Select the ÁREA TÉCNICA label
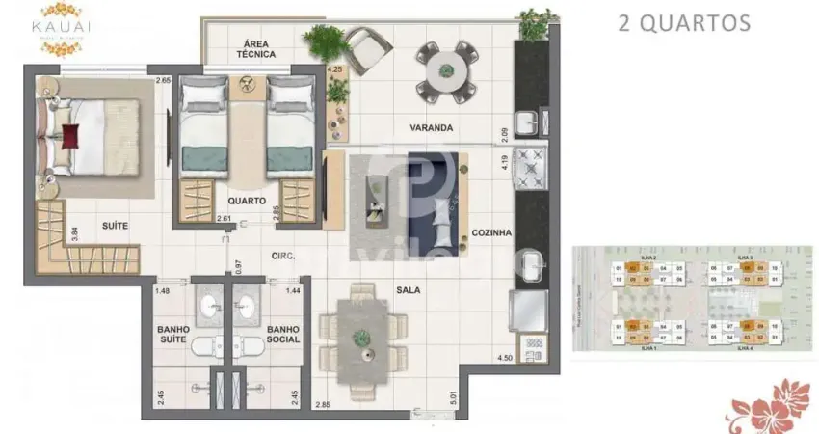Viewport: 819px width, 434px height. (x=254, y=48)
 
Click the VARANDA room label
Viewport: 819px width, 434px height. (x=430, y=127)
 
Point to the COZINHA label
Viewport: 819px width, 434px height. (x=490, y=232)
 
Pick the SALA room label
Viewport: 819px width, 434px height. (x=409, y=288)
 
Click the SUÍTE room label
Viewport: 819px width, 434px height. (x=116, y=226)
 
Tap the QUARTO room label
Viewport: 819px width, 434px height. (x=248, y=201)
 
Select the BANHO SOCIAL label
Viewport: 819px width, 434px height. (x=284, y=334)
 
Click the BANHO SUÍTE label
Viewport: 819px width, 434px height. (x=173, y=334)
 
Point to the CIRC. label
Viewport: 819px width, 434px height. (x=282, y=256)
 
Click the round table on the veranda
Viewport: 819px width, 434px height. (x=446, y=68)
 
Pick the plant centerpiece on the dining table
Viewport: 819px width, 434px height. (x=361, y=338)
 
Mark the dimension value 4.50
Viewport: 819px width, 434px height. (x=504, y=359)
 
